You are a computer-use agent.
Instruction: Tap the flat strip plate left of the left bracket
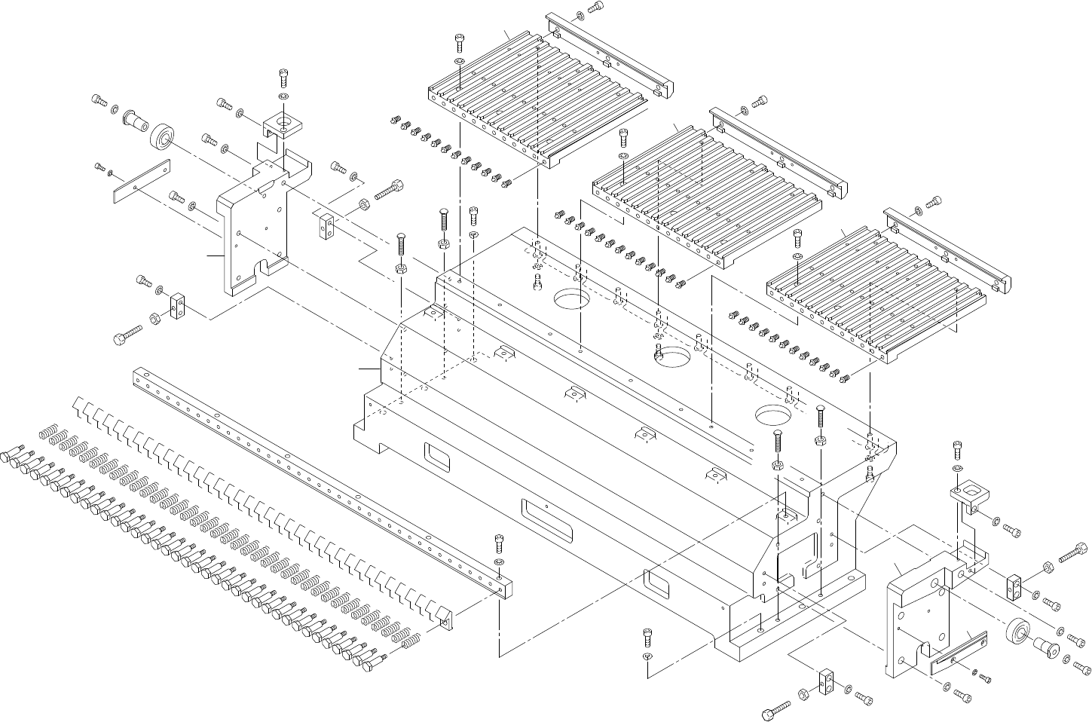coord(142,182)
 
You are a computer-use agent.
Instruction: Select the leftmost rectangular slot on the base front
coord(436,455)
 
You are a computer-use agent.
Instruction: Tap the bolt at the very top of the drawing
coord(595,7)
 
